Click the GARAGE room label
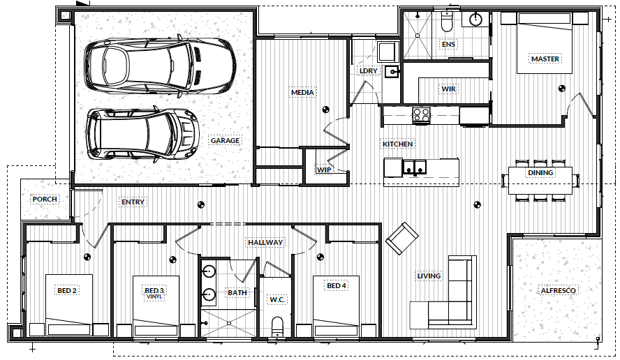click(225, 141)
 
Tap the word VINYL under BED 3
click(154, 297)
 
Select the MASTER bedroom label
click(545, 59)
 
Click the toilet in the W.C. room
click(278, 327)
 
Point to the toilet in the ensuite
click(447, 22)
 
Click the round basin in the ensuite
click(475, 19)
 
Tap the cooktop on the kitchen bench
click(421, 115)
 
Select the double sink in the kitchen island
click(415, 167)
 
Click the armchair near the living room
click(402, 239)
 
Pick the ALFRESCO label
click(558, 291)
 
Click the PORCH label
click(45, 199)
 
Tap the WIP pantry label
click(324, 170)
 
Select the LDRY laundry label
click(368, 70)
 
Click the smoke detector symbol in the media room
click(325, 110)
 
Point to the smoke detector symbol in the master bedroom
click(561, 89)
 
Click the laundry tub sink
click(392, 72)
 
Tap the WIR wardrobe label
click(448, 89)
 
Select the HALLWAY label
click(265, 242)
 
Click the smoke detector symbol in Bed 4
click(320, 257)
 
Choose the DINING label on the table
click(540, 173)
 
